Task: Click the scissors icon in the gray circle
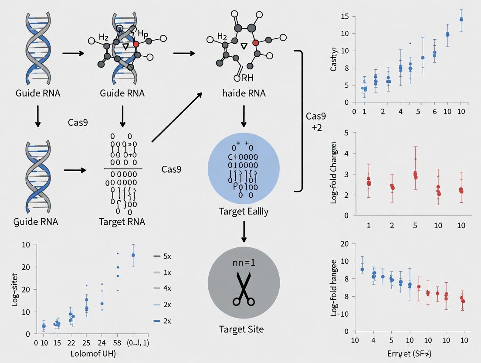click(x=244, y=289)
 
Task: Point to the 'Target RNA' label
click(x=122, y=221)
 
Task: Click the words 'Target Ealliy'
click(x=244, y=212)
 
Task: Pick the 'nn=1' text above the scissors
click(x=244, y=263)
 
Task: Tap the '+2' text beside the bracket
click(x=317, y=127)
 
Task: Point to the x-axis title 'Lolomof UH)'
click(x=93, y=353)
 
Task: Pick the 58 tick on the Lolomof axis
click(x=118, y=343)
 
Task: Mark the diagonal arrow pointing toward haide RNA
click(x=176, y=117)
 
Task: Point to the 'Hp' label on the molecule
click(x=143, y=34)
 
